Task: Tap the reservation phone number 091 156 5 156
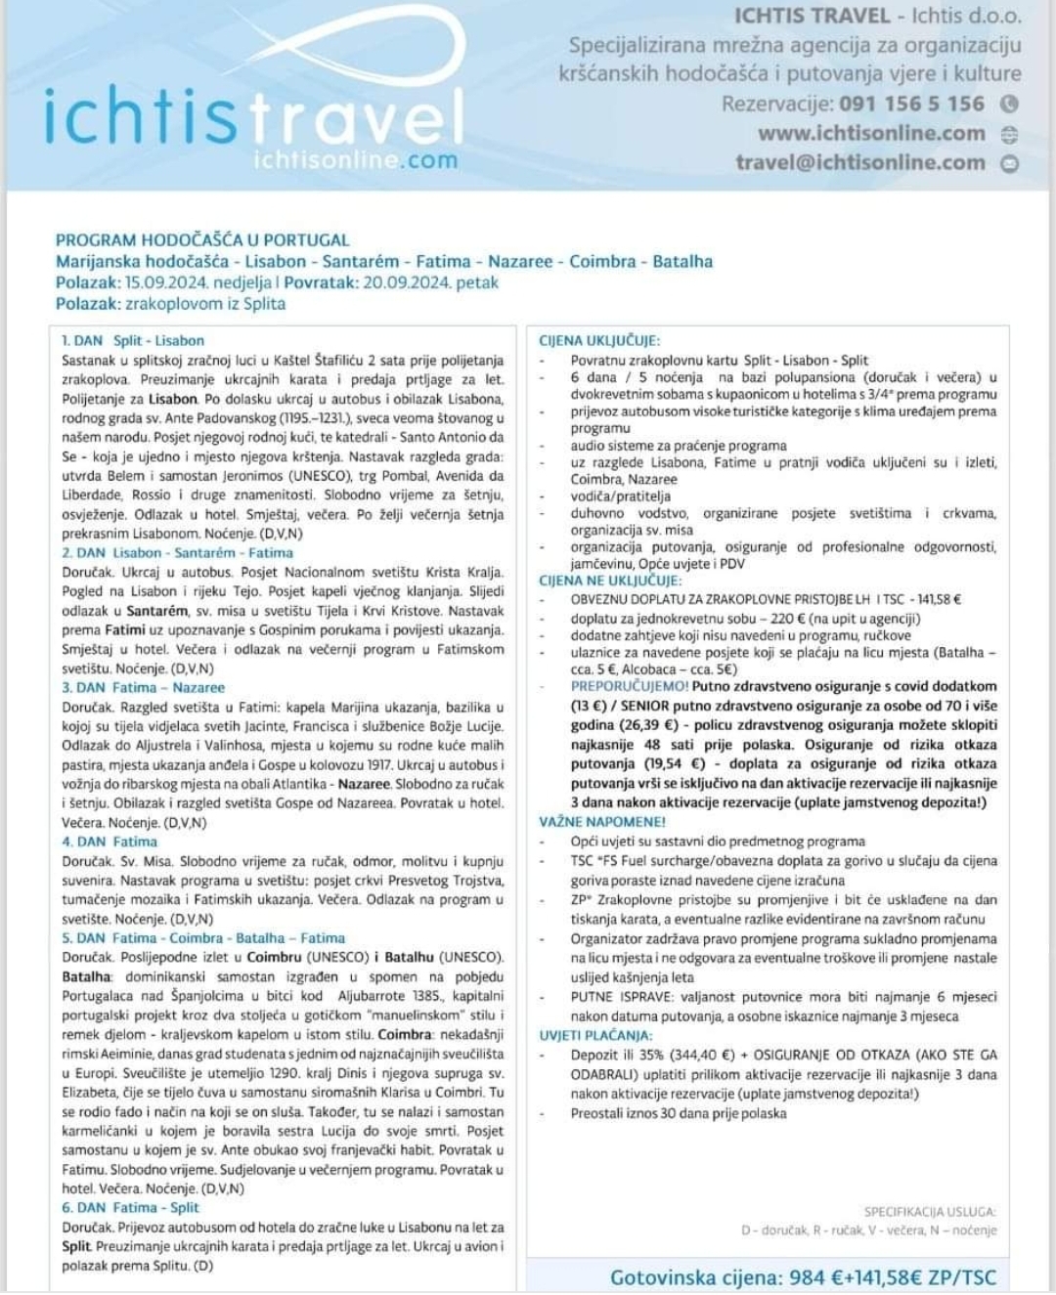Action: click(911, 104)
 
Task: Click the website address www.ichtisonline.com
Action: click(871, 133)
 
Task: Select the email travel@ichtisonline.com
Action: click(860, 162)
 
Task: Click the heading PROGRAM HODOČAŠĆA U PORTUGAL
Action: click(202, 239)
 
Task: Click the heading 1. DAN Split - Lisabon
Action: click(133, 340)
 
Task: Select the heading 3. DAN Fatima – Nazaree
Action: click(143, 687)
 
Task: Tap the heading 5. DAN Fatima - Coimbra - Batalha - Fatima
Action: click(203, 937)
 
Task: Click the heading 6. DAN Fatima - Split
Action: click(130, 1207)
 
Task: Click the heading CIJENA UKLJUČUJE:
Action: click(599, 341)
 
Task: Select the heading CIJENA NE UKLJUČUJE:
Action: click(610, 581)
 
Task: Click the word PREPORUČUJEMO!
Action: click(630, 686)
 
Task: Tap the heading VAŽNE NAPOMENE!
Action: click(602, 822)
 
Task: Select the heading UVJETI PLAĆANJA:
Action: click(595, 1035)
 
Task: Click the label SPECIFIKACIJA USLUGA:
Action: click(929, 1211)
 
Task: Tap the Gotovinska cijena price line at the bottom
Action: click(803, 1276)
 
